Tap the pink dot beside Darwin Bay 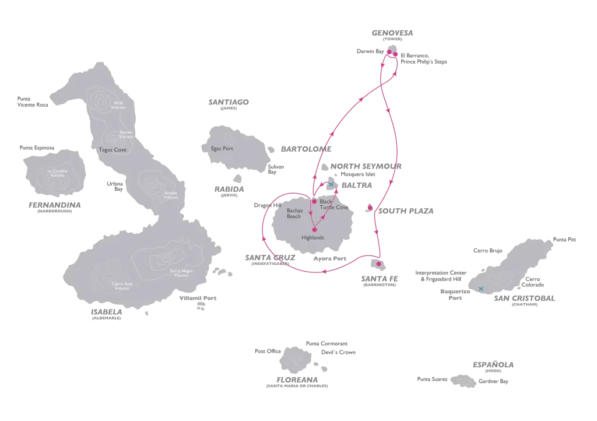point(389,52)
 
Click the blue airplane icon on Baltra point(332,184)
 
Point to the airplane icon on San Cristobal point(481,289)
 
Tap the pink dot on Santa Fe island point(378,264)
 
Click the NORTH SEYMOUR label point(366,166)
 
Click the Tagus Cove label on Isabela point(114,149)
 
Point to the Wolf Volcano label point(118,106)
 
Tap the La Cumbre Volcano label point(57,173)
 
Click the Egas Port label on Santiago point(222,149)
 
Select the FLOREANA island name point(296,379)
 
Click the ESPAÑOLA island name point(493,364)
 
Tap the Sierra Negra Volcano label point(180,273)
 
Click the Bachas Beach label point(294,213)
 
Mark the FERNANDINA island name point(54,205)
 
